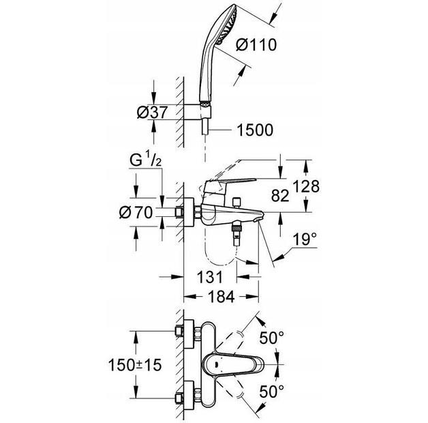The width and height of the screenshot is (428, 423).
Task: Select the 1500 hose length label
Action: [254, 130]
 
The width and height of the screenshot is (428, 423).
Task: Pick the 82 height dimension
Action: [280, 195]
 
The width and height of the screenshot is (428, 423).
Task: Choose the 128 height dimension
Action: [306, 186]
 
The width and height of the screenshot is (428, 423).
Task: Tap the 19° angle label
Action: [305, 241]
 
